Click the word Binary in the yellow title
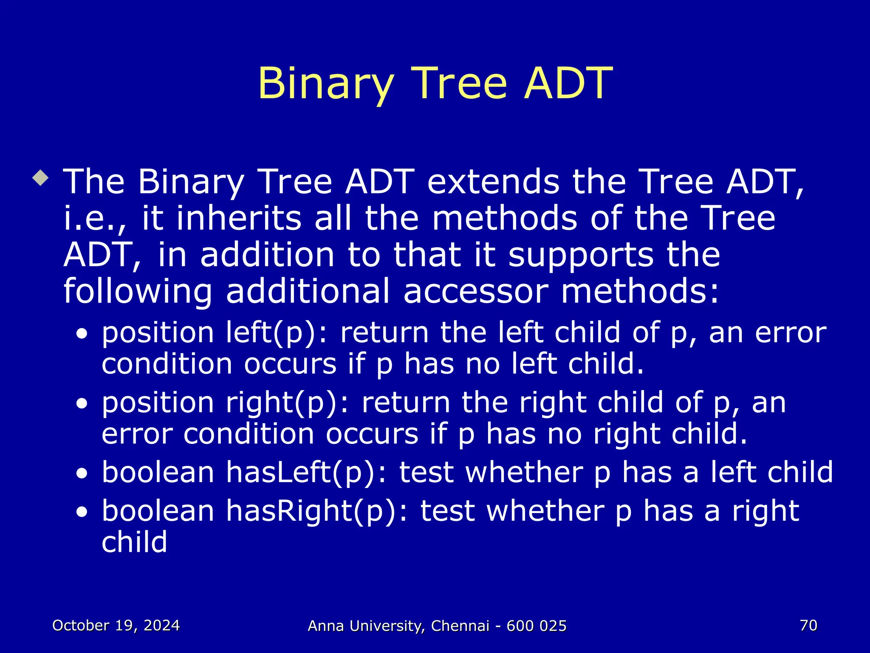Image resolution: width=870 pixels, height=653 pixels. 325,84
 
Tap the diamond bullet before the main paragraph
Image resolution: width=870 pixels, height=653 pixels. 40,178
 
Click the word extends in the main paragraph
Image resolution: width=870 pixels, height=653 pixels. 493,182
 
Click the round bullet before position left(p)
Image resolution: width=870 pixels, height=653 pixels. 82,334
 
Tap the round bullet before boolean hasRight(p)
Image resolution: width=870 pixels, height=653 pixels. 82,513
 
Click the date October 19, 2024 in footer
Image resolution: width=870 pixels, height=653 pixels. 116,625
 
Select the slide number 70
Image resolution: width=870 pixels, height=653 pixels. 808,625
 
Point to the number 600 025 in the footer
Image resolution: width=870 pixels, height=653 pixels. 537,626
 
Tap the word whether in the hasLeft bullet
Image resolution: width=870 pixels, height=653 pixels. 524,473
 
